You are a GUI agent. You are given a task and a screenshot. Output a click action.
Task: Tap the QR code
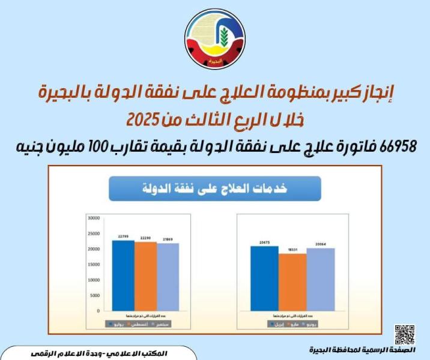pyautogui.click(x=405, y=334)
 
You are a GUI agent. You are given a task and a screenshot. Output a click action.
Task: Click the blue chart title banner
pyautogui.click(x=215, y=188)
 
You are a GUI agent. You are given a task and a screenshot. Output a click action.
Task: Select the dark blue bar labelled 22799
pyautogui.click(x=123, y=275)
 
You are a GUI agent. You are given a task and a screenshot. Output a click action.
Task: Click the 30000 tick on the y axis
pyautogui.click(x=92, y=218)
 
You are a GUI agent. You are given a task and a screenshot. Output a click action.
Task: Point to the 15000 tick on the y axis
pyautogui.click(x=92, y=265)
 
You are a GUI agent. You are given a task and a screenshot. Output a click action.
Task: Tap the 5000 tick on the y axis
pyautogui.click(x=94, y=296)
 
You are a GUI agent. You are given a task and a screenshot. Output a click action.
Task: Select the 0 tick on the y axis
pyautogui.click(x=97, y=311)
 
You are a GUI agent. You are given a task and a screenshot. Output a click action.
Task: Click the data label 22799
pyautogui.click(x=123, y=236)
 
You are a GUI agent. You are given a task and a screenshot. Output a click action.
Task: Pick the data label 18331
pyautogui.click(x=292, y=250)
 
